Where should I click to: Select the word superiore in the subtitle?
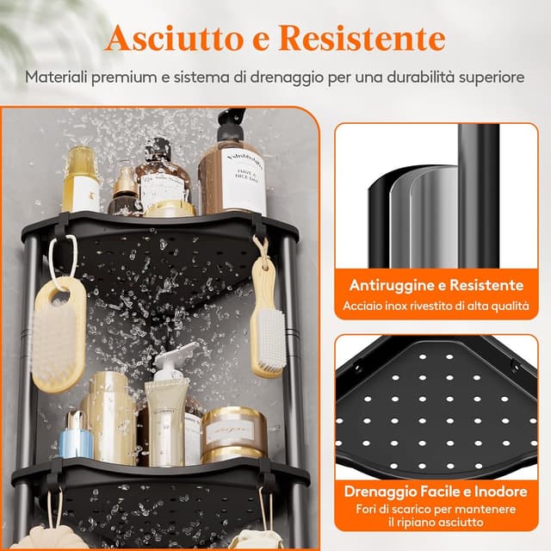[x=484, y=77]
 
